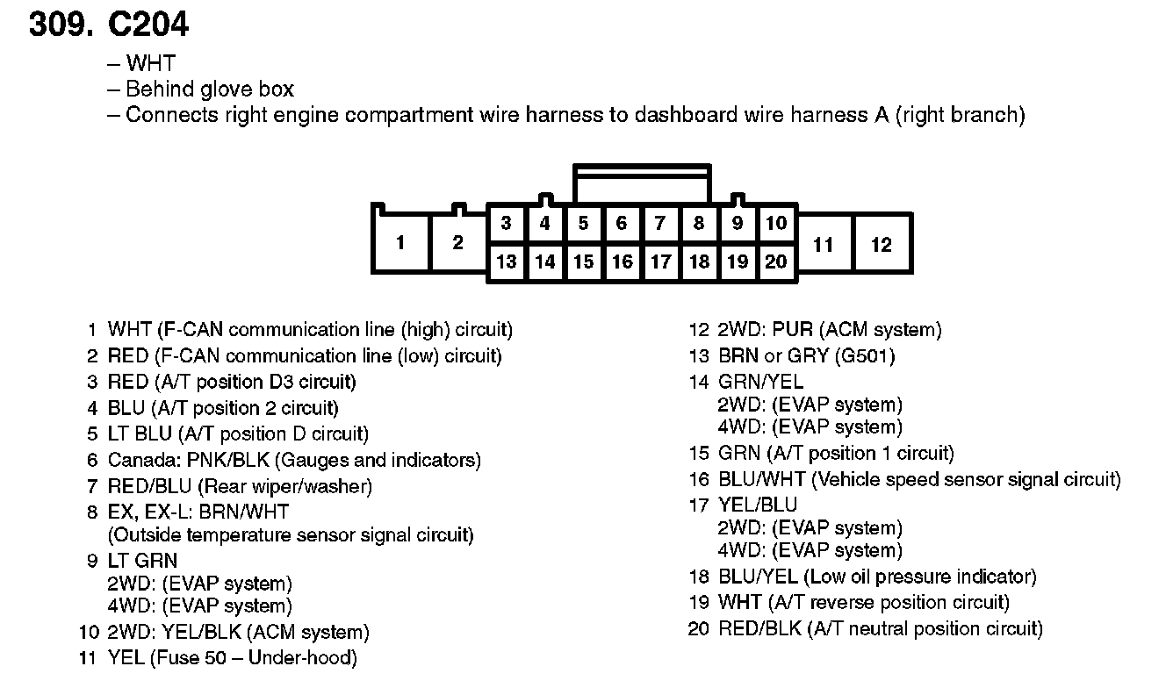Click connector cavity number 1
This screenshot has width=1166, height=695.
click(x=400, y=242)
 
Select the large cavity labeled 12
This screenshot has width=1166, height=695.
click(x=881, y=244)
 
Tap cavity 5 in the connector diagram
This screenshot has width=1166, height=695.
click(x=583, y=224)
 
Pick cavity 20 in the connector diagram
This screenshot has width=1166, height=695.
click(x=776, y=262)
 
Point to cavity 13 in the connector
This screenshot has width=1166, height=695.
click(x=506, y=262)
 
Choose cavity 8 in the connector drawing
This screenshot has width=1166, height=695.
click(x=699, y=224)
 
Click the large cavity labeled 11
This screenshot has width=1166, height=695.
click(x=823, y=244)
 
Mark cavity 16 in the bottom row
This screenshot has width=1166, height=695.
click(x=622, y=262)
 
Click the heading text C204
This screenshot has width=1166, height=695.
click(x=148, y=25)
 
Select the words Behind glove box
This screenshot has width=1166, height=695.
click(x=210, y=90)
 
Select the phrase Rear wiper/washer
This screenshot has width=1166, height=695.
click(x=284, y=486)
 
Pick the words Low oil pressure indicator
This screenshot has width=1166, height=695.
click(x=919, y=577)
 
